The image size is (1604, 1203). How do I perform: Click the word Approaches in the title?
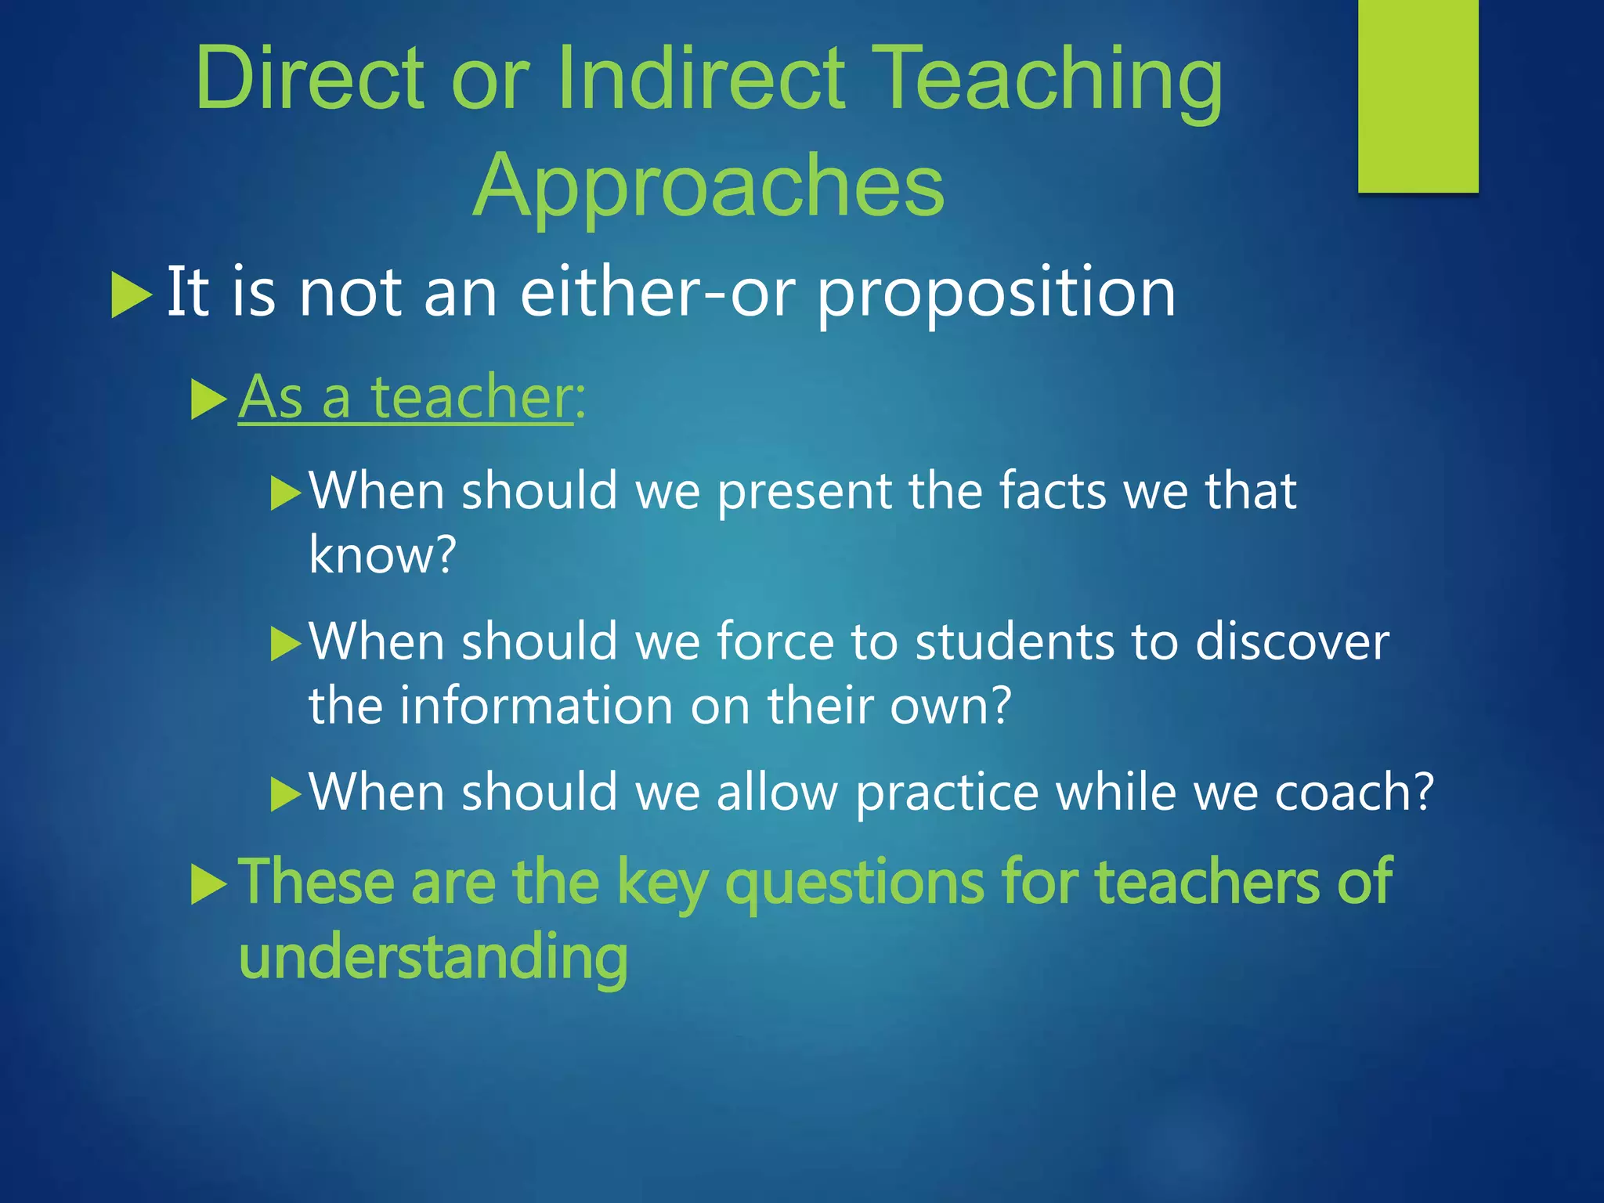(x=709, y=186)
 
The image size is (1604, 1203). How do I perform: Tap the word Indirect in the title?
(x=701, y=78)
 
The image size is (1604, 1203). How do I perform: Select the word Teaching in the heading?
(x=1046, y=78)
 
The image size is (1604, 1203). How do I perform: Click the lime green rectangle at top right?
(x=1418, y=96)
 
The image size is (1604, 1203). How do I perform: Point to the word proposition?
(x=996, y=294)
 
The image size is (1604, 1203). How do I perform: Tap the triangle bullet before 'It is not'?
(x=131, y=294)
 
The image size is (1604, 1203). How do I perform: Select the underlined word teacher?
(x=472, y=397)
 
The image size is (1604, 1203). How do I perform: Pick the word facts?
(x=1052, y=491)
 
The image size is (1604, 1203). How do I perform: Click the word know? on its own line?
(x=382, y=555)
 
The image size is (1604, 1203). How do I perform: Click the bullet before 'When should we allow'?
(x=285, y=794)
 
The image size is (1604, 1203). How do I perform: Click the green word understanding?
(x=433, y=957)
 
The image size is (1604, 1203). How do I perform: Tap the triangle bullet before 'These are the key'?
(x=208, y=886)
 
